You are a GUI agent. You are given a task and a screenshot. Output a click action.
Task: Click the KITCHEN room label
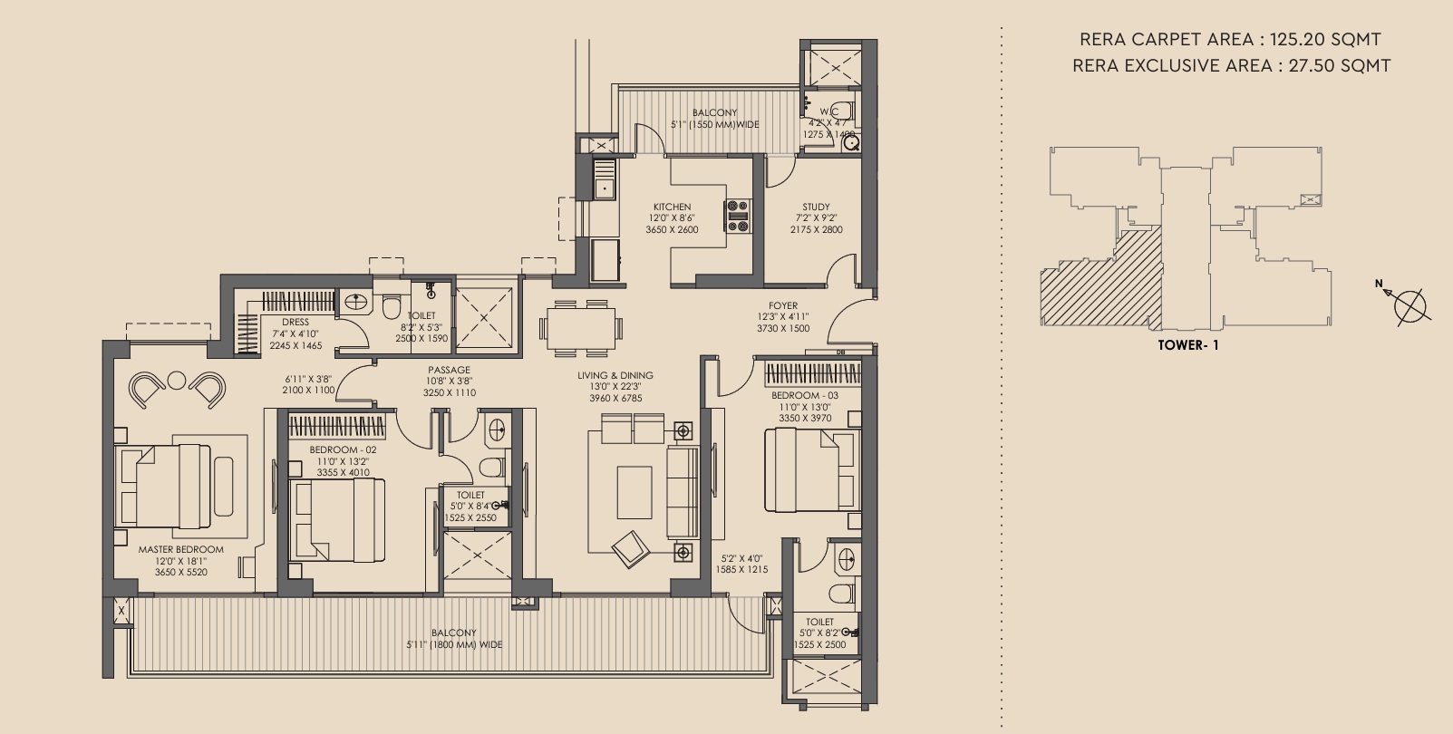[672, 207]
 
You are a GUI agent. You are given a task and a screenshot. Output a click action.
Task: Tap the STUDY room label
[816, 207]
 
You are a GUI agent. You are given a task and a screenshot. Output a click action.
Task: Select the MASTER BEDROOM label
[181, 549]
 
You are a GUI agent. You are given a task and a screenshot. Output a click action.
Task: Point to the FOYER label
[783, 305]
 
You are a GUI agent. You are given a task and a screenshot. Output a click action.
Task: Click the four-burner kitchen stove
[738, 216]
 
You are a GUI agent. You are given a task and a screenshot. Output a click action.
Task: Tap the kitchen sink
[605, 179]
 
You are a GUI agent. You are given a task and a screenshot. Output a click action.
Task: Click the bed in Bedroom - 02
[337, 520]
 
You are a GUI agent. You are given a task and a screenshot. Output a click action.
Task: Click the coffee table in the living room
[634, 492]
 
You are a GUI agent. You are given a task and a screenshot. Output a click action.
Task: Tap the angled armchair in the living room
[631, 549]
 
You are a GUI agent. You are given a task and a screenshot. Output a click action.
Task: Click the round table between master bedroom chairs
[177, 381]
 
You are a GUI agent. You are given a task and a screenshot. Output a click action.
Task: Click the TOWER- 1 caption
[1188, 345]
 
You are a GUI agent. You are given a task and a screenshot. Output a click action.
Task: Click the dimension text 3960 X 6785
[615, 398]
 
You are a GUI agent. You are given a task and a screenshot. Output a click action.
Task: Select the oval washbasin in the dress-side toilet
[354, 302]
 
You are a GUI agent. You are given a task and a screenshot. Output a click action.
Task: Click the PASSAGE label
[449, 371]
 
